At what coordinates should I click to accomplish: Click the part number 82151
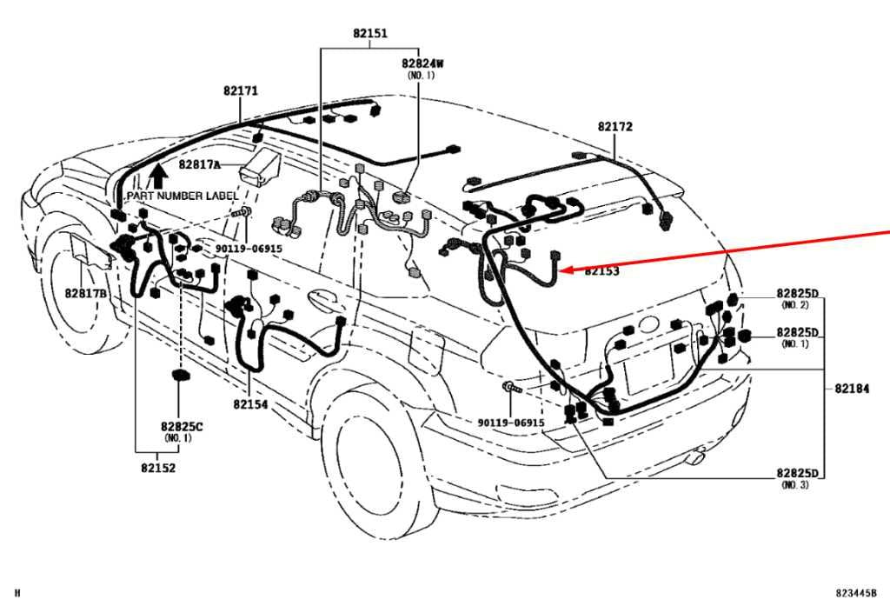click(370, 33)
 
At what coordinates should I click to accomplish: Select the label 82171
click(241, 91)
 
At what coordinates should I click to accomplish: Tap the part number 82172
click(614, 127)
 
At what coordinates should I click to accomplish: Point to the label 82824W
click(422, 63)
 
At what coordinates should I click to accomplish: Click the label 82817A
click(199, 164)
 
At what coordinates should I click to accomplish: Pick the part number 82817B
click(86, 294)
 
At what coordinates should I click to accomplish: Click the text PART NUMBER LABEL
click(183, 196)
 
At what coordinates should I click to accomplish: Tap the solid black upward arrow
click(160, 176)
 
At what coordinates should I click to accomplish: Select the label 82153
click(601, 271)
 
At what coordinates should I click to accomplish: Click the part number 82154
click(250, 404)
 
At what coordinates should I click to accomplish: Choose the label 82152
click(158, 468)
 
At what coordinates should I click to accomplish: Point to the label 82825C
click(182, 427)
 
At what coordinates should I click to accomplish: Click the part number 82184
click(852, 389)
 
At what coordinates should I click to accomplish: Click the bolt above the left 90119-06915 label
click(242, 213)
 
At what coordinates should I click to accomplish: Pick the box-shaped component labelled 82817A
click(261, 166)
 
